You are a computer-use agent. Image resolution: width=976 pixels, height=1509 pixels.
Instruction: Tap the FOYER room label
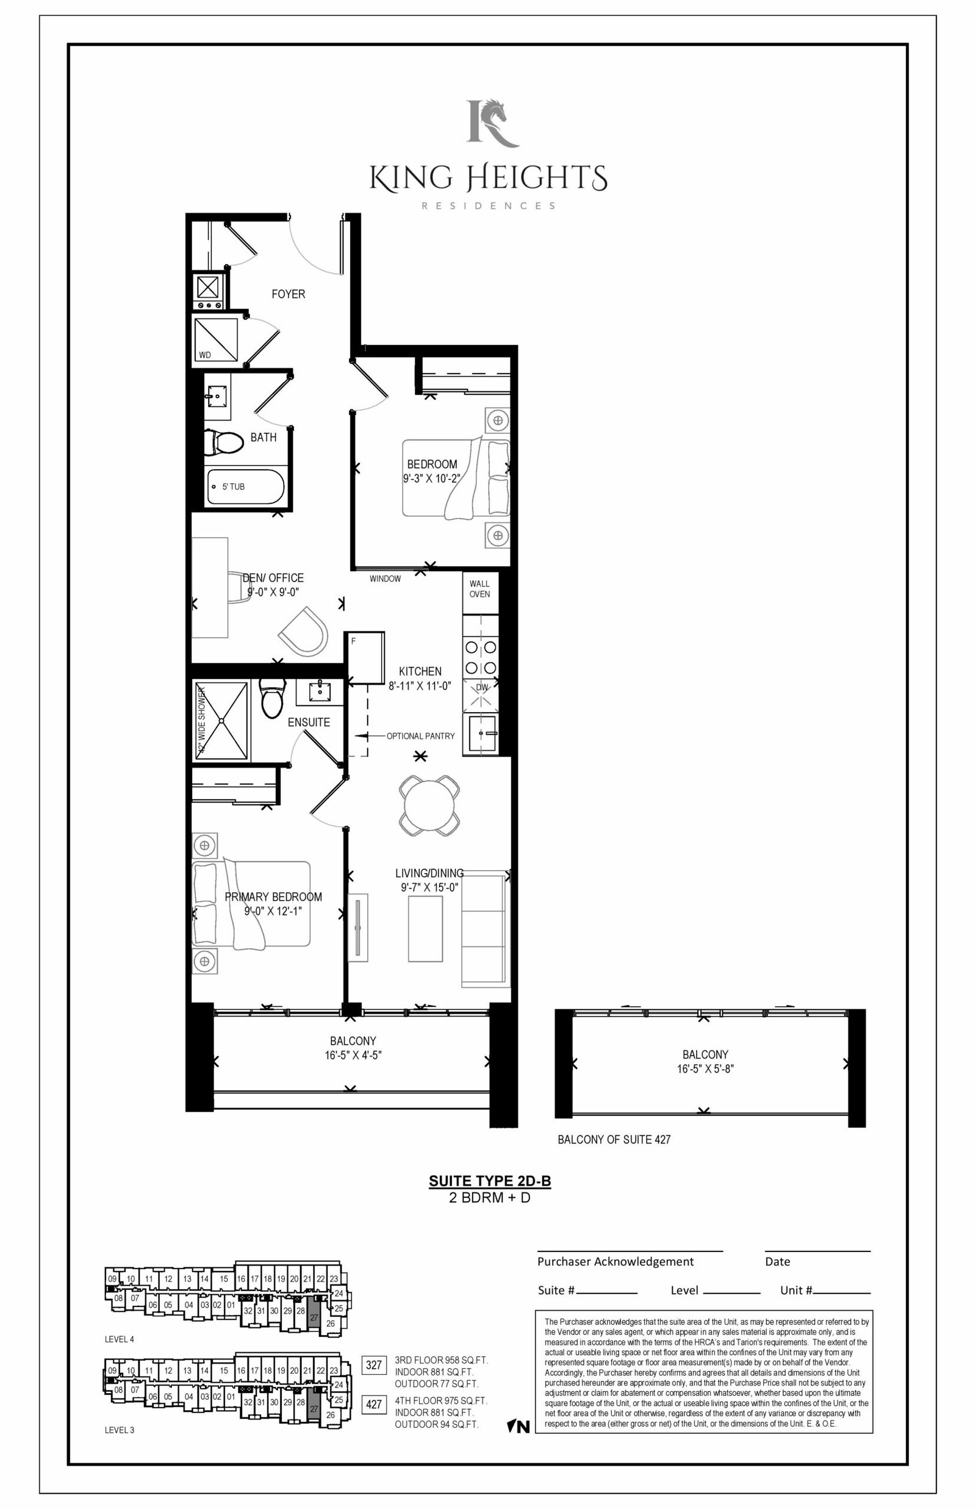tap(289, 294)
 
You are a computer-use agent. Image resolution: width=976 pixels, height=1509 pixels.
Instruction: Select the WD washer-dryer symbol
tap(215, 340)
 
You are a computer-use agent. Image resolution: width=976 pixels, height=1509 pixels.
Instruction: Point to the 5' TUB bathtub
tap(245, 486)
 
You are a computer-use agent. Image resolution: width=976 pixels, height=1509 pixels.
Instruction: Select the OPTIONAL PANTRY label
tap(420, 736)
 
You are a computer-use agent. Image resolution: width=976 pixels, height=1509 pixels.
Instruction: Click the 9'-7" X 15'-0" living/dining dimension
tap(429, 887)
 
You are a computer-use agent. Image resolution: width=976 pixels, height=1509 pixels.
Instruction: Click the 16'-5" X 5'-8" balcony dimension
tap(705, 1068)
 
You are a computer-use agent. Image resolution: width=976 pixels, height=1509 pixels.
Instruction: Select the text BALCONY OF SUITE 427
tap(614, 1139)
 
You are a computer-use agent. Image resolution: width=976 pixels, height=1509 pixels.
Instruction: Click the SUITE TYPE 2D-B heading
tap(489, 1181)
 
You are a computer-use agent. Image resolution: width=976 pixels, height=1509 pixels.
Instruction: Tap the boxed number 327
tap(374, 1364)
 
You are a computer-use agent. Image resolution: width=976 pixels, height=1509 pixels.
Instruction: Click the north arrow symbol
tap(518, 1427)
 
